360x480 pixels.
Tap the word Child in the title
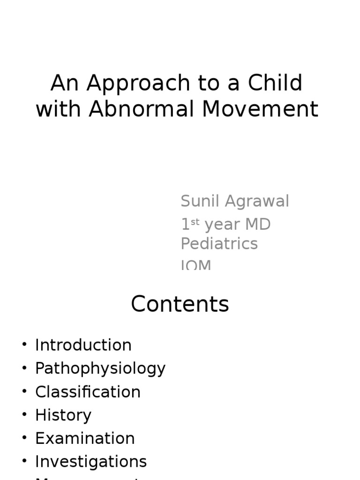[x=275, y=83]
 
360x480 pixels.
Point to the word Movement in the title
[x=260, y=109]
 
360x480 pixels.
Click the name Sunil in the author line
[x=201, y=201]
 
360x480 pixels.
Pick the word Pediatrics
[x=219, y=244]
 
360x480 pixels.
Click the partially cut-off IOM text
[x=196, y=265]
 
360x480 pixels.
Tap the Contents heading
[x=180, y=304]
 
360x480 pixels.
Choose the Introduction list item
[x=83, y=345]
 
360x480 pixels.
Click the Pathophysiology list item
[x=100, y=368]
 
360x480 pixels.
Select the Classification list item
[x=88, y=392]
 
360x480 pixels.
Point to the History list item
[x=63, y=415]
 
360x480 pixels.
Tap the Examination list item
[x=85, y=438]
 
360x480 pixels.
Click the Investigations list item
[x=91, y=462]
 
